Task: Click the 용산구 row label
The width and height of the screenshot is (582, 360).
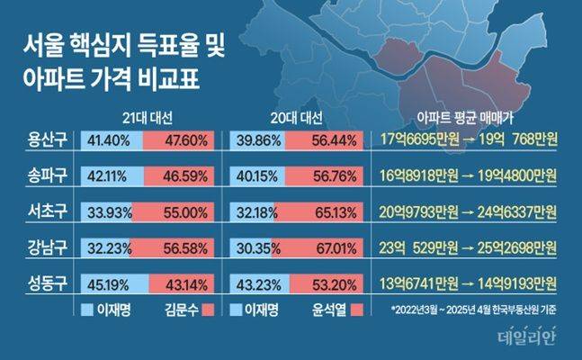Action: pyautogui.click(x=49, y=139)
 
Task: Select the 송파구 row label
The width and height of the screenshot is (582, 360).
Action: pyautogui.click(x=49, y=176)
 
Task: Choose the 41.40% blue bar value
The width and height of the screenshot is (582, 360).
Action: pyautogui.click(x=109, y=140)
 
